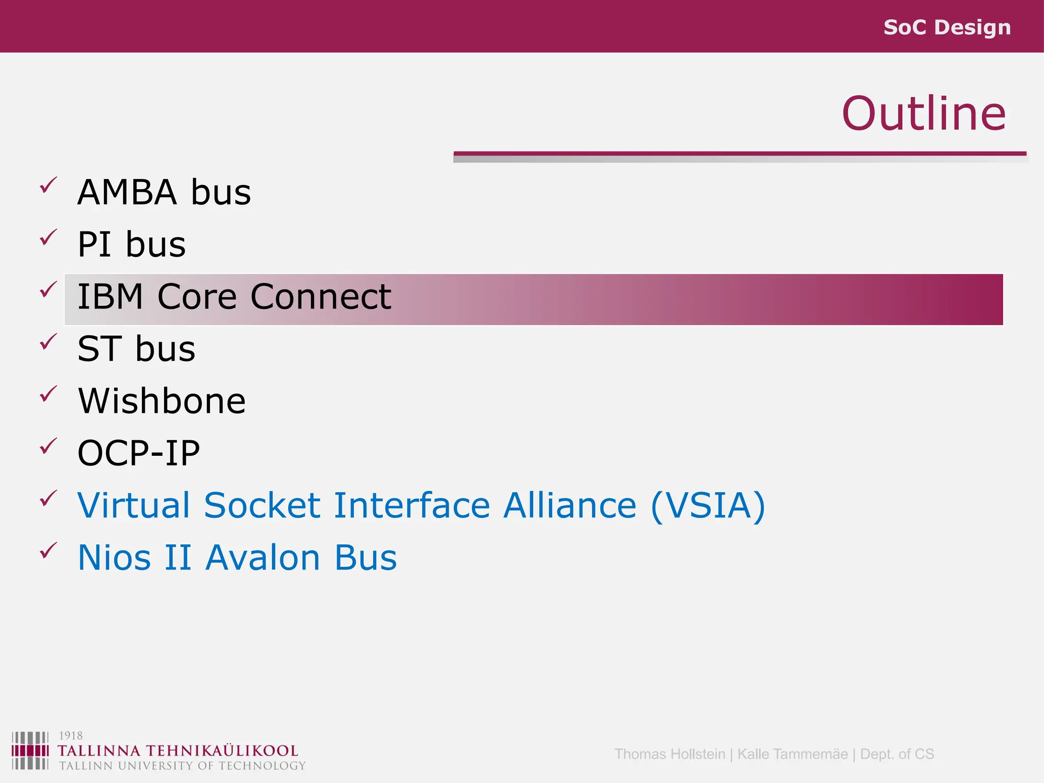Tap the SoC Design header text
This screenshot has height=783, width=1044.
947,27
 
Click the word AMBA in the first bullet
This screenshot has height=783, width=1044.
127,193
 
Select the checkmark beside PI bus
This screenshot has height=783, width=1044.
48,238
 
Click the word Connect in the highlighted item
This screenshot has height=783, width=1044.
321,297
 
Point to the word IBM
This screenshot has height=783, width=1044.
110,297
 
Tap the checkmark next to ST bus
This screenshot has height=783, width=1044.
48,342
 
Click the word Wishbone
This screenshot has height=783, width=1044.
162,401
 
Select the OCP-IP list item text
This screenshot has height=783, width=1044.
139,453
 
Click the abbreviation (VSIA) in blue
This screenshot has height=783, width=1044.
708,506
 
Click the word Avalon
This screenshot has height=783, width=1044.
263,558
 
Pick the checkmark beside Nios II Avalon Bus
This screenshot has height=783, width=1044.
48,551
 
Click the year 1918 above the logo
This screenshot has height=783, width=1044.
70,736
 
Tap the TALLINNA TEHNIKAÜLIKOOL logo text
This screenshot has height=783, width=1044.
177,751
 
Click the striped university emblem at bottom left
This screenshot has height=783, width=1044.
30,750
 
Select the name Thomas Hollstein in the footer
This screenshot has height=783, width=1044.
669,754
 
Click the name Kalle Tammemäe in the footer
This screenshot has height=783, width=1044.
792,754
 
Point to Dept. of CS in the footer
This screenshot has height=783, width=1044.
897,754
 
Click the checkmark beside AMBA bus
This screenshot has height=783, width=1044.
48,186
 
